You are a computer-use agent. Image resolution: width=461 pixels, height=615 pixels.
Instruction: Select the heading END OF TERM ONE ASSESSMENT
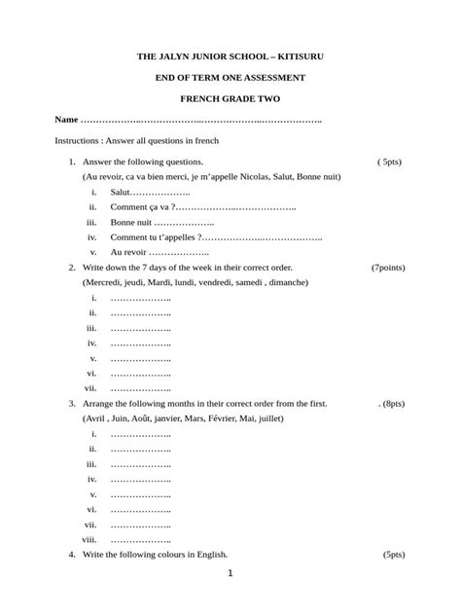point(230,77)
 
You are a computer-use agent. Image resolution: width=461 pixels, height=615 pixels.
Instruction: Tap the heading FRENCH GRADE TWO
point(230,99)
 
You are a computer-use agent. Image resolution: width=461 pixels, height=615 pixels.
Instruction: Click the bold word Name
point(66,120)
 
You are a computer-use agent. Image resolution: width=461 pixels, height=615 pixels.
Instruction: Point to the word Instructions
point(79,141)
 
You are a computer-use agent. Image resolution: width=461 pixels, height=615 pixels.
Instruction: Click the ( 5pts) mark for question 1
point(389,162)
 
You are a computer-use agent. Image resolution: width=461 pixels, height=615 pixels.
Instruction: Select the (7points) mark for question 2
point(388,267)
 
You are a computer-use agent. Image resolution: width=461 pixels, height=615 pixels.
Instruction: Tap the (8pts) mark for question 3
point(391,403)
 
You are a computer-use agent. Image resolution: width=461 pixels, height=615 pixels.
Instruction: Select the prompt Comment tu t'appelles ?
point(157,236)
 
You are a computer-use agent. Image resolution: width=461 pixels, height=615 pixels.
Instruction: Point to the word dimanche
point(288,282)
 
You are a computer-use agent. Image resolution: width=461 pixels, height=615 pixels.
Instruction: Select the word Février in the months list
point(242,417)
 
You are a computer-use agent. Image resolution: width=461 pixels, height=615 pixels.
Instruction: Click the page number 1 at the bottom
point(230,574)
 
